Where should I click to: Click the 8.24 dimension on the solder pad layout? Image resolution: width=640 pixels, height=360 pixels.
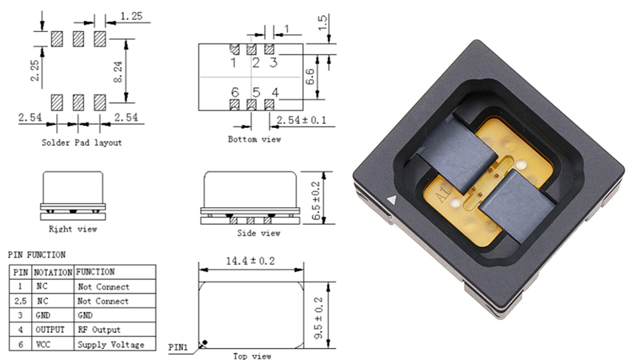pyautogui.click(x=118, y=72)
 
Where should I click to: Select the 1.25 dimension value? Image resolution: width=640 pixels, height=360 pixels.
pyautogui.click(x=131, y=16)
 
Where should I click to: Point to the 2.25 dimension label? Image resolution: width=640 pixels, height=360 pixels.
pyautogui.click(x=35, y=70)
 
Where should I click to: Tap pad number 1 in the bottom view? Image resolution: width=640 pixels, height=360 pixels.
pyautogui.click(x=234, y=50)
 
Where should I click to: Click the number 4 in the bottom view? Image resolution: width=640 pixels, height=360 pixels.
pyautogui.click(x=275, y=93)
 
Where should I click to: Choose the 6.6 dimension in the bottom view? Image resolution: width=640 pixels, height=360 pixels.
pyautogui.click(x=310, y=77)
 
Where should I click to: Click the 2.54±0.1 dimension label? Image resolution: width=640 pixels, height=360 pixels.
pyautogui.click(x=302, y=120)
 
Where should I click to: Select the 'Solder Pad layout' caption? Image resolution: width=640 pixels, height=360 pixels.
pyautogui.click(x=82, y=142)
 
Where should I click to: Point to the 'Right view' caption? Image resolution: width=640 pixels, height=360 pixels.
pyautogui.click(x=73, y=229)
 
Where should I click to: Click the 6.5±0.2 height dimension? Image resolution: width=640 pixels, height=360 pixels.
pyautogui.click(x=316, y=201)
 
